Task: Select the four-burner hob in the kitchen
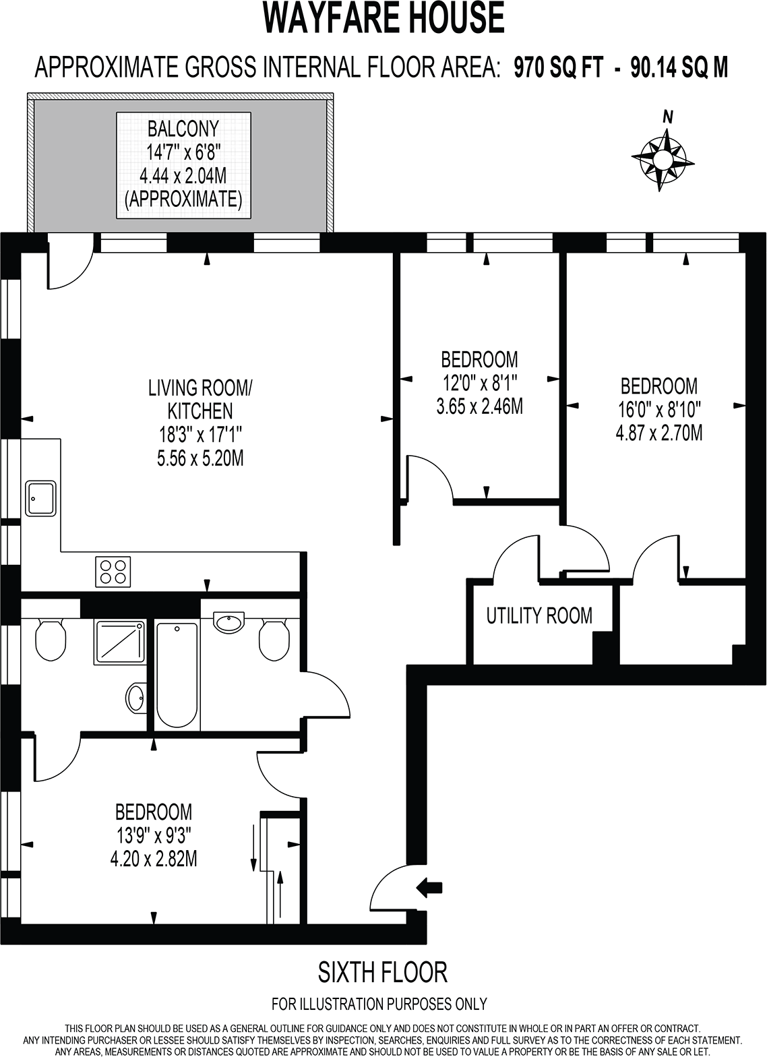click(114, 571)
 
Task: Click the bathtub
click(177, 675)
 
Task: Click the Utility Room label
click(539, 615)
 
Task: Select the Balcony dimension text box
click(183, 164)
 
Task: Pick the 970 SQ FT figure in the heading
click(559, 67)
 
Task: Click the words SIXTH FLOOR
click(382, 972)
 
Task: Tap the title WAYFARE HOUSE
click(383, 18)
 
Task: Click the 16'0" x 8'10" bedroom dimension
click(658, 409)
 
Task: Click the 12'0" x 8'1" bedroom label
click(479, 382)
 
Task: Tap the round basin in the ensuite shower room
click(136, 698)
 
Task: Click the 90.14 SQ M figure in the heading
click(679, 67)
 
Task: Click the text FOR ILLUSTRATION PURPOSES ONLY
click(379, 1004)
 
